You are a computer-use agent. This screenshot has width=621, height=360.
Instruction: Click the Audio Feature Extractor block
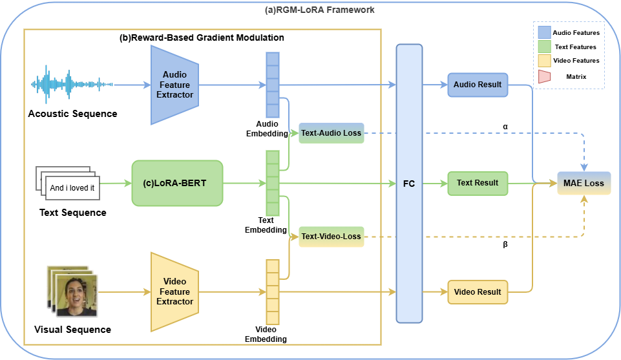tap(174, 85)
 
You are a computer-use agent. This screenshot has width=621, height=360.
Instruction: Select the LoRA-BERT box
tap(176, 183)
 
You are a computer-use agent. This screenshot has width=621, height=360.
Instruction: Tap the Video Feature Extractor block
tap(174, 291)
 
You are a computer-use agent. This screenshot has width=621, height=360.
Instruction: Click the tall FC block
tap(409, 183)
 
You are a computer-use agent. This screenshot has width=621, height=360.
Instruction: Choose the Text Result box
tap(478, 183)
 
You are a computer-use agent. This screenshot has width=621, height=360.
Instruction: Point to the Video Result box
tap(478, 291)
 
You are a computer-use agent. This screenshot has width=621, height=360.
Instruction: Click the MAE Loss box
tap(584, 183)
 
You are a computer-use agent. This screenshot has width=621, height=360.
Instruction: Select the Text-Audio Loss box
tap(332, 133)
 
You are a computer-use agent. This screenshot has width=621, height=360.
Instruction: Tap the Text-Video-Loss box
tap(332, 237)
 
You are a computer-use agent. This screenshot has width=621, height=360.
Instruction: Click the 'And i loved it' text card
tap(72, 189)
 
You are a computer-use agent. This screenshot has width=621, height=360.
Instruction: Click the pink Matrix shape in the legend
tap(543, 76)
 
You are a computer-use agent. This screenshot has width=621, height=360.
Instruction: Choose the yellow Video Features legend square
tap(544, 61)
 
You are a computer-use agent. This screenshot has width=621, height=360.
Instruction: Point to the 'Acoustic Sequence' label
tap(72, 114)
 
